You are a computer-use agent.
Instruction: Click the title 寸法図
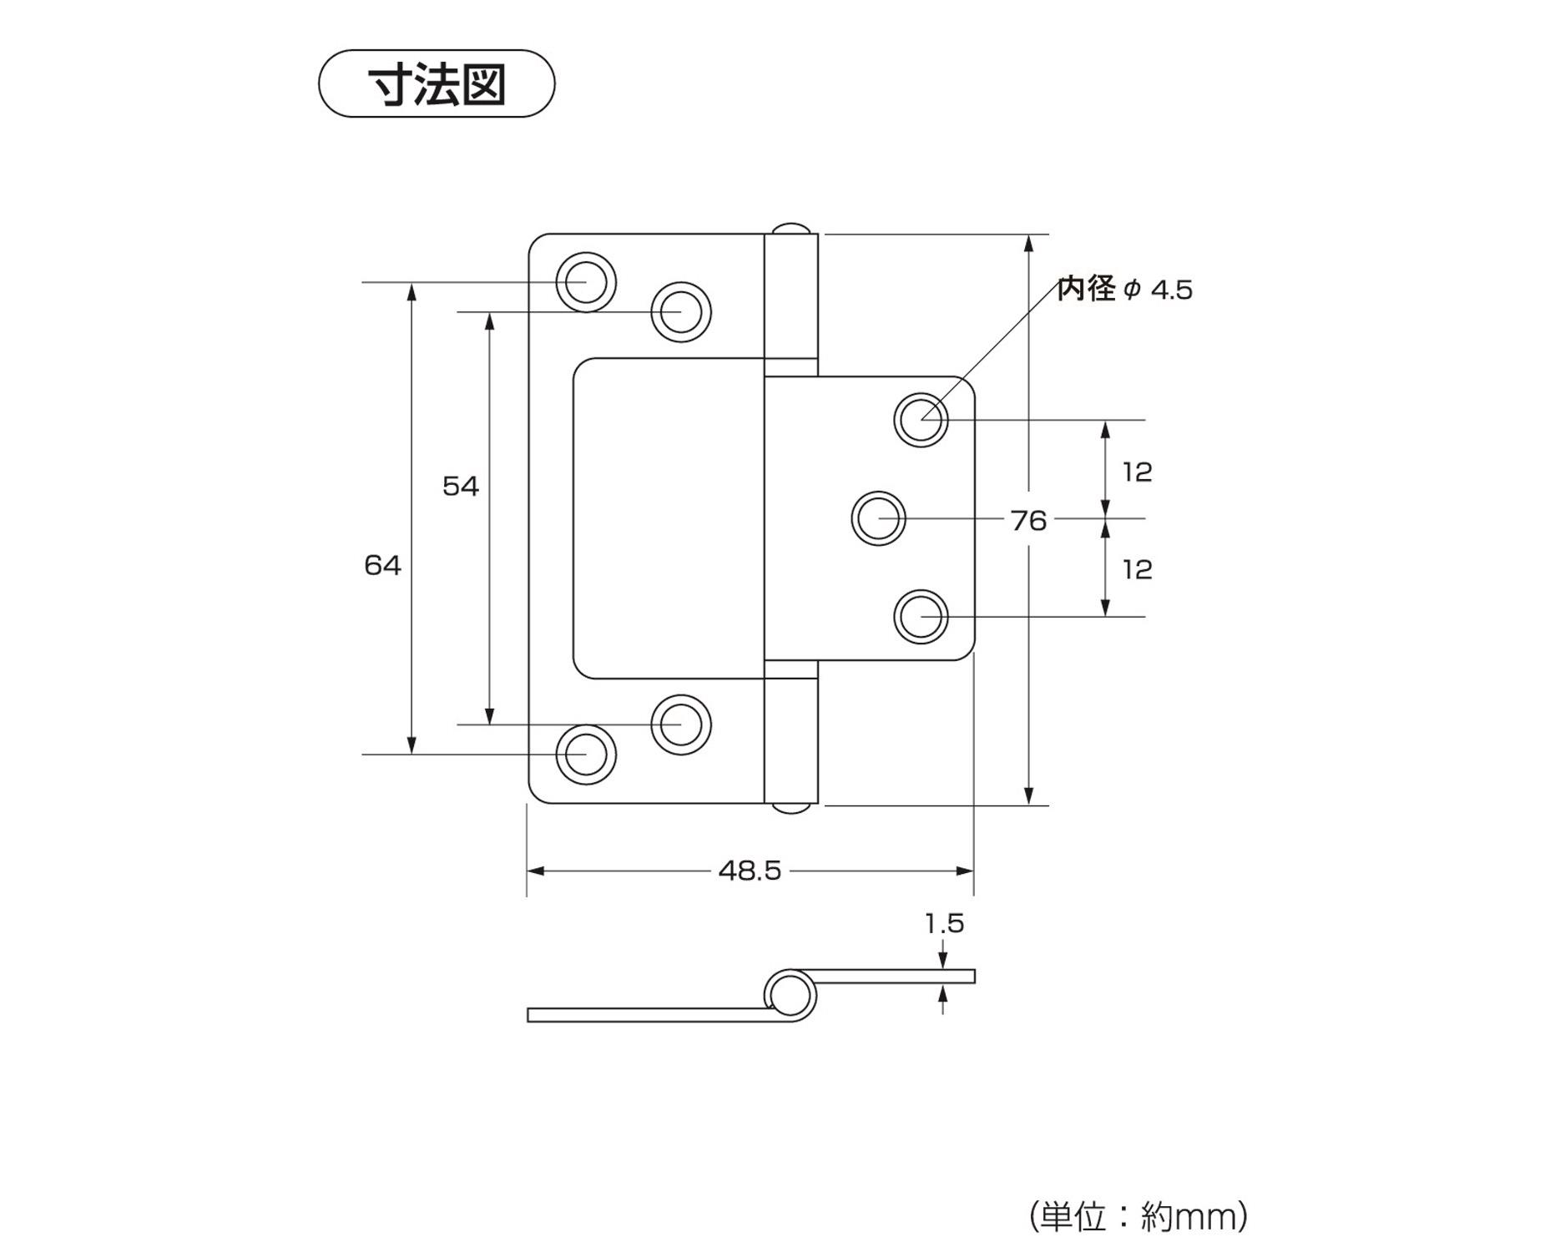coord(437,84)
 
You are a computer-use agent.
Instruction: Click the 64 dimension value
coord(382,566)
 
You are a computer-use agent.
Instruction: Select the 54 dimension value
coord(461,486)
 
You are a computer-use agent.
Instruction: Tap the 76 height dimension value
coord(1028,521)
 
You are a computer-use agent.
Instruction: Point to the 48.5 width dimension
coord(750,871)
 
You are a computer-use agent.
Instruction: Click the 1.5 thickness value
coord(944,924)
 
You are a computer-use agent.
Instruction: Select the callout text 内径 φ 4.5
coord(1124,290)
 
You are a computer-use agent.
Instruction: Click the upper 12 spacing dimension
coord(1137,472)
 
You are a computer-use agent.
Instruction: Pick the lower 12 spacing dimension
coord(1137,569)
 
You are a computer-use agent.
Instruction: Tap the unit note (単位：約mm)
coord(1138,1216)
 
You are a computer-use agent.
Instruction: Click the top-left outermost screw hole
coord(586,282)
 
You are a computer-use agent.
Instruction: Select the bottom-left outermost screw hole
coord(586,755)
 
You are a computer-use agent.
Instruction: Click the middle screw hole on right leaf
coord(879,518)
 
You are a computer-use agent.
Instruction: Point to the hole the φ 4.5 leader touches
coord(921,420)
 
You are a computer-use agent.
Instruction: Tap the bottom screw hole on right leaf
coord(921,618)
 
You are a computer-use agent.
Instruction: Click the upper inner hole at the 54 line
coord(681,312)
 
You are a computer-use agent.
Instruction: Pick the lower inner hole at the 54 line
coord(681,724)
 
